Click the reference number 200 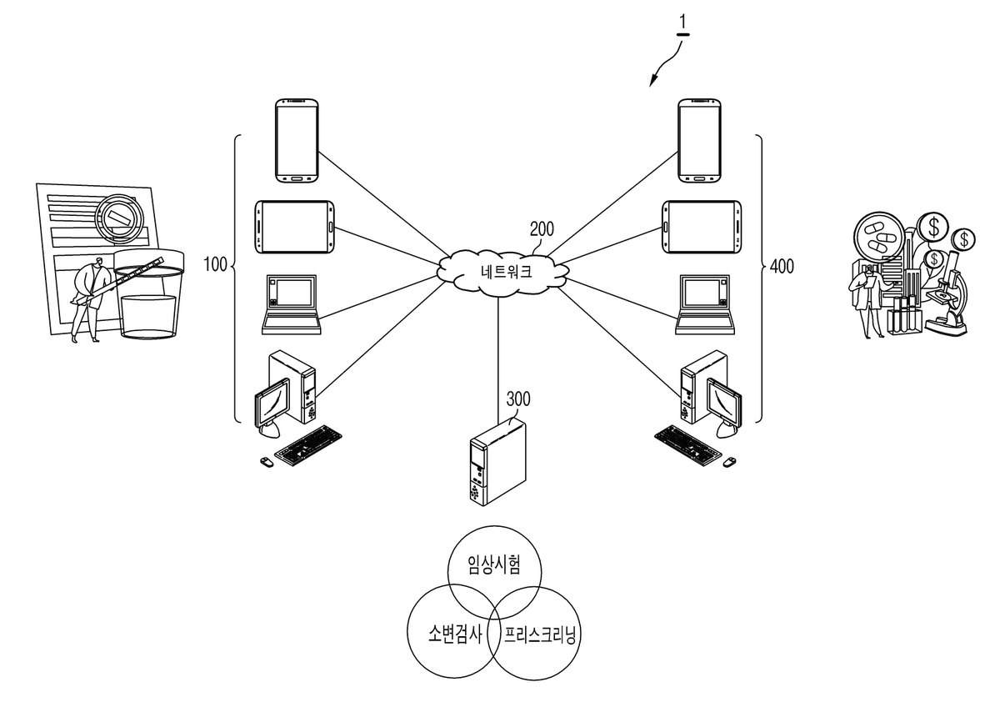[542, 229]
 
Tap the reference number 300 [518, 399]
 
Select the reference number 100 [215, 264]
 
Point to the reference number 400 [782, 267]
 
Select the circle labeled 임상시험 [494, 571]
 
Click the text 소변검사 [455, 634]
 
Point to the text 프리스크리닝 [540, 634]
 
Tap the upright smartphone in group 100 [297, 141]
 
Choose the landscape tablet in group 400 [702, 227]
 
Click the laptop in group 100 [292, 304]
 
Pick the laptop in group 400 [705, 304]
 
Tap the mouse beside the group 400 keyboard [729, 463]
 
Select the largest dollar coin [933, 228]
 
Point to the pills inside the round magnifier [878, 237]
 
